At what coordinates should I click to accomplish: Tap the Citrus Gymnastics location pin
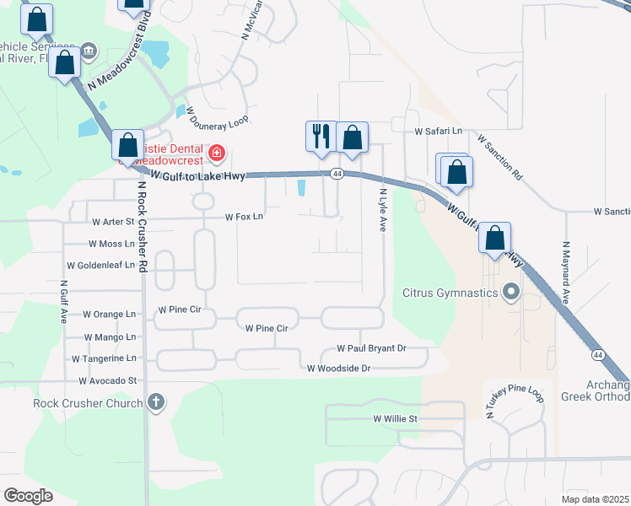510,293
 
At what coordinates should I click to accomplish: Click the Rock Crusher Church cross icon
155,402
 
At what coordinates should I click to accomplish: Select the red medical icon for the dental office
217,153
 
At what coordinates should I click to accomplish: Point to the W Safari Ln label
440,132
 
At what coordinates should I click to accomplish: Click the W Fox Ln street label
244,217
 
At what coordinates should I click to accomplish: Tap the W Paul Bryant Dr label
371,347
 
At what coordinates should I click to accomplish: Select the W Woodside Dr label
338,369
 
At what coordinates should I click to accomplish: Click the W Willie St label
396,418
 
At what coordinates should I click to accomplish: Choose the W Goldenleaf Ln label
100,265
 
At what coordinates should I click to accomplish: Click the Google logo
28,496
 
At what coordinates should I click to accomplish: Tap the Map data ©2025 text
594,498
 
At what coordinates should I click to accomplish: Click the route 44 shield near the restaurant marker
337,174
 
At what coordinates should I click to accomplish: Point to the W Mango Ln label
109,336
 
